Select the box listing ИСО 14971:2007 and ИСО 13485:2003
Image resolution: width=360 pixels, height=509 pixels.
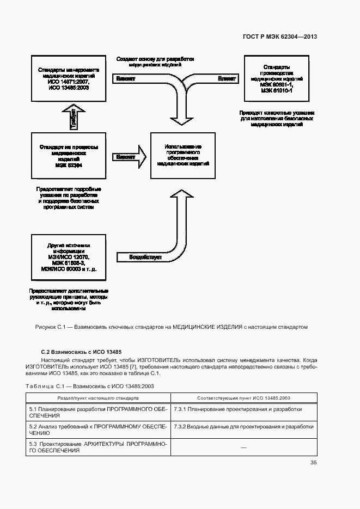68,78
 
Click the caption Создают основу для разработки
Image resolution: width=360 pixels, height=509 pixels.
155,59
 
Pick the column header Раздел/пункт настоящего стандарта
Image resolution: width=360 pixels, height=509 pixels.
98,398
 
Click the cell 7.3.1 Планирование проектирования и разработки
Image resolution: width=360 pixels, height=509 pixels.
238,409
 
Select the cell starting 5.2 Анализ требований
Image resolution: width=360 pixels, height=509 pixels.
98,430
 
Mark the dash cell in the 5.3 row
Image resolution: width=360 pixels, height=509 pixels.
243,447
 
